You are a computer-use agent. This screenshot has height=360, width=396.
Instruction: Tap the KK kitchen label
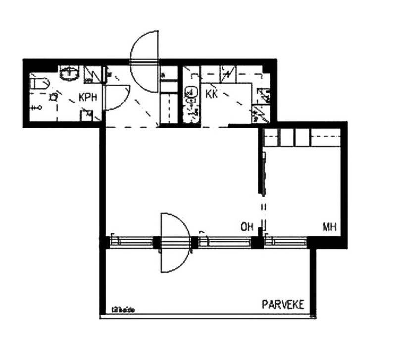point(212,94)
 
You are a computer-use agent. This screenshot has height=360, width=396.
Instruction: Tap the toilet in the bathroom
point(40,83)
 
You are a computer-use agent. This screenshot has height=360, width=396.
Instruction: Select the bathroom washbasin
point(70,74)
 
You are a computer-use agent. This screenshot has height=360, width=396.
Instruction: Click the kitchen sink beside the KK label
point(190,94)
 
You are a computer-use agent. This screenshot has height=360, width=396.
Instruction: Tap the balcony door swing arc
point(176,243)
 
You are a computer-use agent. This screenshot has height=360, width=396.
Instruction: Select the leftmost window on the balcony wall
point(132,242)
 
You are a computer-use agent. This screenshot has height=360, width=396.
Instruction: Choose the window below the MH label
point(287,242)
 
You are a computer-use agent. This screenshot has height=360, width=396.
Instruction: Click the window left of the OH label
point(226,242)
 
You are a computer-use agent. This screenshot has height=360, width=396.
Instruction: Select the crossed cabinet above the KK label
point(227,74)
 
